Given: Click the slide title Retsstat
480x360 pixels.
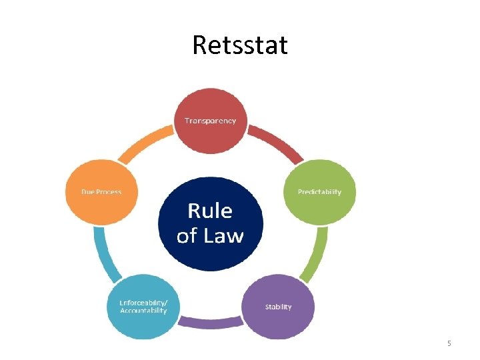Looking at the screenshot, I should coord(240,45).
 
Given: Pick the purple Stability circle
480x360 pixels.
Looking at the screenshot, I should coord(278,307).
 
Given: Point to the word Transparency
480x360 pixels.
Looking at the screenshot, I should coord(210,121).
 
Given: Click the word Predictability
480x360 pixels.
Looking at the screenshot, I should coord(319,192).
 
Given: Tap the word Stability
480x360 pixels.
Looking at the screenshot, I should coord(278,307).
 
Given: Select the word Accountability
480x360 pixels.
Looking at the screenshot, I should coord(144,311).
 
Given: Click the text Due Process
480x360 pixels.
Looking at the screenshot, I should coord(101,192).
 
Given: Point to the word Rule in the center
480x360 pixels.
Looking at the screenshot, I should coord(210,211).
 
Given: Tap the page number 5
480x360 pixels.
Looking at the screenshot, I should coord(449,343).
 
